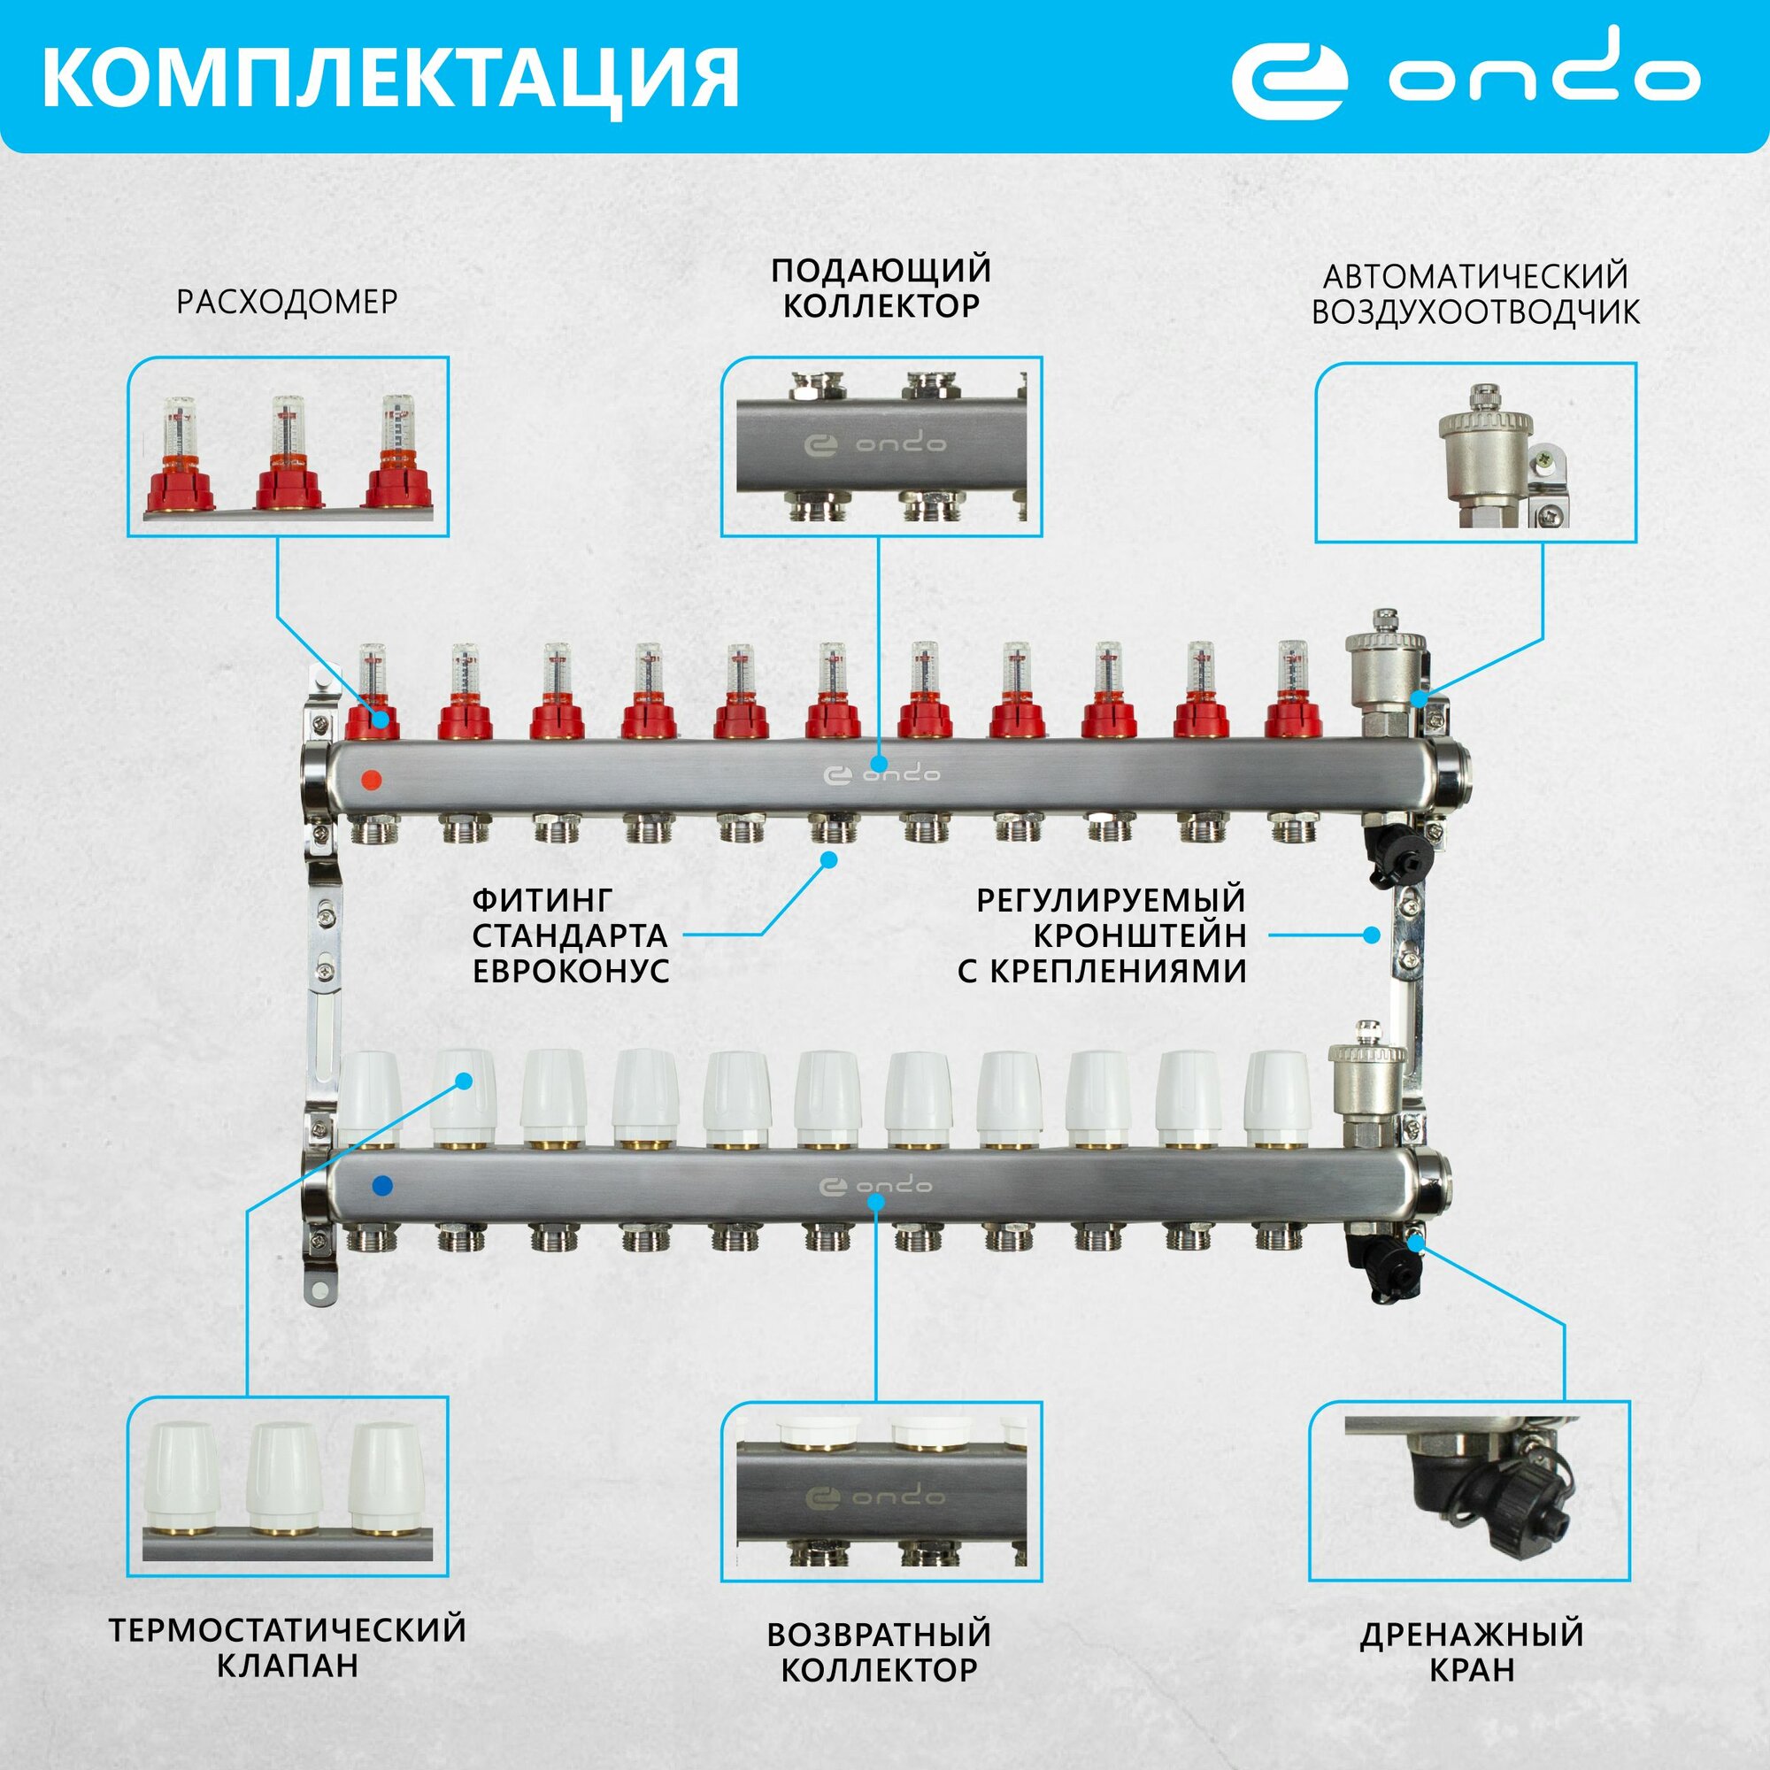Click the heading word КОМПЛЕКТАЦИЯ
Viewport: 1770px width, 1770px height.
389,78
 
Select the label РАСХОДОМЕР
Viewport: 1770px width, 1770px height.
287,302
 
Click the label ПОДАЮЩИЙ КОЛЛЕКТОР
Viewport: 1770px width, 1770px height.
881,288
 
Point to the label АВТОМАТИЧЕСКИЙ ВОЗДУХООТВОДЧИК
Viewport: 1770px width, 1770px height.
1475,294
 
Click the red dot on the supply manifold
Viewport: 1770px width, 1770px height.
371,781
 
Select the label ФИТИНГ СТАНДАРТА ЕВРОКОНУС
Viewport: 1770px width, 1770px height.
571,935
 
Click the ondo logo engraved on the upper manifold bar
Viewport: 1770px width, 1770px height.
882,775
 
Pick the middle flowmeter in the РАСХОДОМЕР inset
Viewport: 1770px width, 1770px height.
288,453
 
